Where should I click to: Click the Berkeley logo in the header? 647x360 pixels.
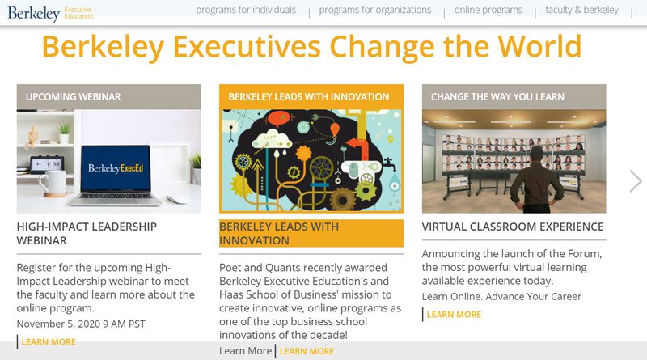50,13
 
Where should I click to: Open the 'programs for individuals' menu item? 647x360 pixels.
246,10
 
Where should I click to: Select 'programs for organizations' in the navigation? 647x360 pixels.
375,10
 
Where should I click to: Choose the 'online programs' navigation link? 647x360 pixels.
488,10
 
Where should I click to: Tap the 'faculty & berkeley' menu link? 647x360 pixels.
581,10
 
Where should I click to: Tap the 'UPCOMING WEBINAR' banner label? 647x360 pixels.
73,96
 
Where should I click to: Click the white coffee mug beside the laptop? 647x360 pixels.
53,183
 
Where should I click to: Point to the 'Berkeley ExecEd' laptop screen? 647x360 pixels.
116,168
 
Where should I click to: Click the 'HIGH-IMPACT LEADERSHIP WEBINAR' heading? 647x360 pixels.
87,233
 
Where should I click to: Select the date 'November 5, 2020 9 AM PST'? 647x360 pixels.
81,324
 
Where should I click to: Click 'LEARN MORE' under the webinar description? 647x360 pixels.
49,342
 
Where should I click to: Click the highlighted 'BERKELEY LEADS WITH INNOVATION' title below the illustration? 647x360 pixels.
279,233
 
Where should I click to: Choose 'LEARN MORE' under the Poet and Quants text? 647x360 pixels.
307,351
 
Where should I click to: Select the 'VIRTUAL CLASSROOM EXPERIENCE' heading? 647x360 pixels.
513,227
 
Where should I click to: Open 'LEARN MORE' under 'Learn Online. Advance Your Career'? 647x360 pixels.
454,315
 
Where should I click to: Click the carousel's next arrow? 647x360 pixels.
636,181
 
